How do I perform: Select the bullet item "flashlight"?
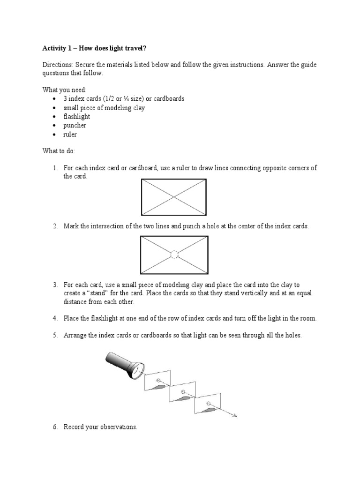tap(77, 117)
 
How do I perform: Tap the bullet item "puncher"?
tap(75, 126)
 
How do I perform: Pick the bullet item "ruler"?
tap(70, 135)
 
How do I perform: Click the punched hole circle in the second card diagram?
tap(174, 255)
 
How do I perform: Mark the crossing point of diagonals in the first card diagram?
tap(174, 197)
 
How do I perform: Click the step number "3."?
tap(55, 285)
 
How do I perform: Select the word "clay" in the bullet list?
tap(139, 108)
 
